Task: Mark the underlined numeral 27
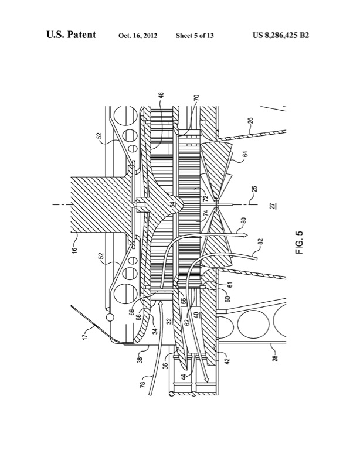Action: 272,207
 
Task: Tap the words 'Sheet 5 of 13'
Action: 194,36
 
